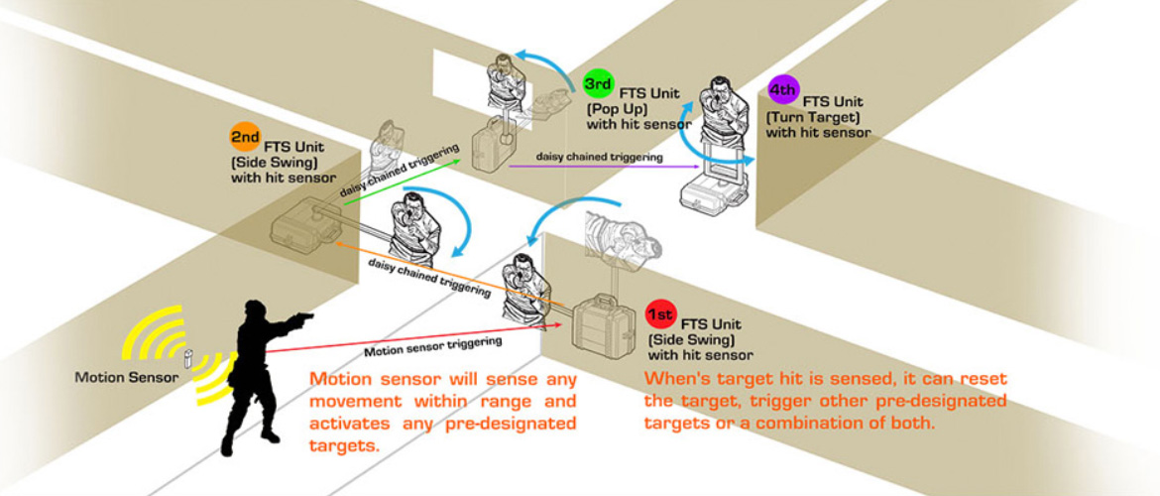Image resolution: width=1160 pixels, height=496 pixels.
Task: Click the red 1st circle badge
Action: point(659,315)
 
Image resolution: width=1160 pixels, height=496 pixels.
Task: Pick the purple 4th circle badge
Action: point(783,90)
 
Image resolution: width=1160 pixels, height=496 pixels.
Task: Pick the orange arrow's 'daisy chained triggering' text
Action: point(429,278)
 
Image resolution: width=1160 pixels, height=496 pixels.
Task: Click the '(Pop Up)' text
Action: point(616,107)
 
